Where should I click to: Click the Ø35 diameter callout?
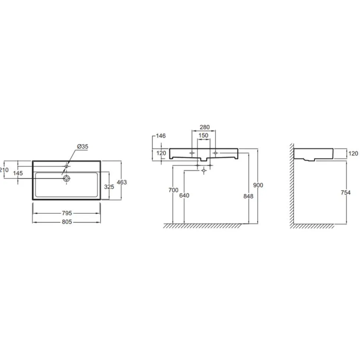click(x=83, y=147)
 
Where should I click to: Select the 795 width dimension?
click(x=67, y=213)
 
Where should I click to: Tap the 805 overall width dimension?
click(x=67, y=222)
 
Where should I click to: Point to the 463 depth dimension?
click(x=122, y=182)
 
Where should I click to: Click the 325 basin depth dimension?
click(x=109, y=187)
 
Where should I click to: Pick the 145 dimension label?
click(x=18, y=173)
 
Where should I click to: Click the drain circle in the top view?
click(x=66, y=179)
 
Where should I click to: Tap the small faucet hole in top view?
click(x=66, y=166)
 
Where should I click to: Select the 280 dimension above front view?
click(x=204, y=127)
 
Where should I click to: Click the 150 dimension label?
click(x=203, y=135)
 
